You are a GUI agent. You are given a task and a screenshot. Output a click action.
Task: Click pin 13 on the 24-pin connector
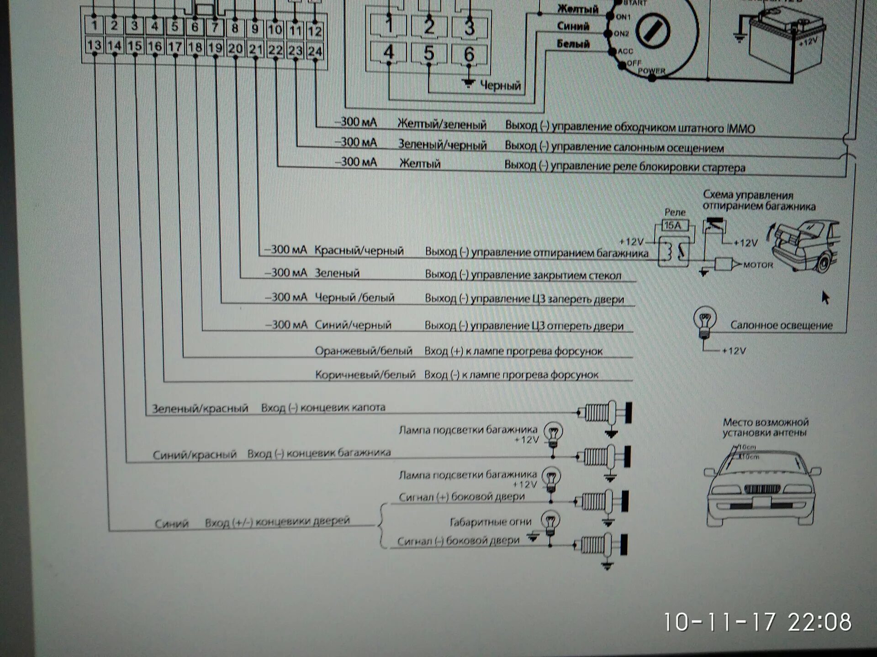(x=94, y=45)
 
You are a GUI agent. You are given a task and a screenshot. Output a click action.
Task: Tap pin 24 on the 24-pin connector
(x=315, y=51)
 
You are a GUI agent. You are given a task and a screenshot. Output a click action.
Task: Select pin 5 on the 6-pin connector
(x=428, y=53)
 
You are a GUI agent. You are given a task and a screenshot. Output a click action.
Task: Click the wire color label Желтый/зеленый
(x=442, y=124)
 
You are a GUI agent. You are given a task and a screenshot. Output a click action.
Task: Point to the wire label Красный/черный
(x=359, y=250)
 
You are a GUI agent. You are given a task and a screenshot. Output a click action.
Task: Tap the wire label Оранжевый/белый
(x=364, y=351)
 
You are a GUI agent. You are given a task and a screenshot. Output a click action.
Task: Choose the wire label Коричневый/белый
(x=365, y=375)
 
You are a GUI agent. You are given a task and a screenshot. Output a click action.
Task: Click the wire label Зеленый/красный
(x=200, y=408)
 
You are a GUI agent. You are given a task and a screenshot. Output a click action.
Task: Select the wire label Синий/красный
(x=195, y=454)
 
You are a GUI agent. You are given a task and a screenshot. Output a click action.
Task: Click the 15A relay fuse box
(x=673, y=225)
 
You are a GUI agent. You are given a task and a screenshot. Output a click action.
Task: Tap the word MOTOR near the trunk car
(x=758, y=265)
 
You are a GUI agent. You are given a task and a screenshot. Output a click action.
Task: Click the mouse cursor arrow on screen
(x=825, y=298)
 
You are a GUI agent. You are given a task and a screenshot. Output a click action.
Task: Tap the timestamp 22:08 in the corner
(x=819, y=622)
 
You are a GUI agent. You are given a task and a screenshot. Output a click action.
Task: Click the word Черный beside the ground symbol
(x=501, y=85)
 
